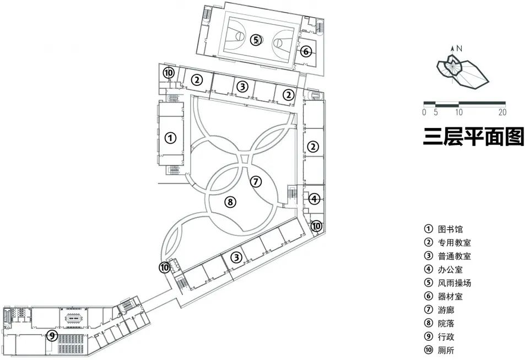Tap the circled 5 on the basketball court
pos(255,39)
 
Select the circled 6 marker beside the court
pos(306,52)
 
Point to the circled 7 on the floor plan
pos(255,181)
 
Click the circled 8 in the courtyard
pos(231,202)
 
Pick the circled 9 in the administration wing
pos(51,335)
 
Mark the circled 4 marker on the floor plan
pos(314,198)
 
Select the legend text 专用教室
pos(455,243)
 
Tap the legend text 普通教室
pos(455,256)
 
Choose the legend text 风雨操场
pos(455,283)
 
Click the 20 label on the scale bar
pos(501,112)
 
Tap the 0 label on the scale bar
pos(424,112)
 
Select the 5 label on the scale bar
pos(436,112)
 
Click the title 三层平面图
pos(473,137)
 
